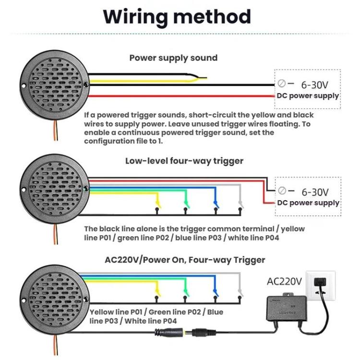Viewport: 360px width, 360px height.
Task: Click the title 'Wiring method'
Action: (177, 16)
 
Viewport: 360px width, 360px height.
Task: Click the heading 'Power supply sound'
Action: (173, 58)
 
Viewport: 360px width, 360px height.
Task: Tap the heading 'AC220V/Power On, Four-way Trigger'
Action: (185, 260)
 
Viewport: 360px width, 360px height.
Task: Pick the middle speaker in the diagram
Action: (54, 188)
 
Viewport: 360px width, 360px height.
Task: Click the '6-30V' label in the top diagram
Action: (314, 85)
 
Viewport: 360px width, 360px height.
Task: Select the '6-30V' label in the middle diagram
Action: (315, 192)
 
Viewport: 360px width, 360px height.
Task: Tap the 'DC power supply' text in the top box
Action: (308, 96)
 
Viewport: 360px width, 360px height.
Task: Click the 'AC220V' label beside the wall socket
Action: (284, 281)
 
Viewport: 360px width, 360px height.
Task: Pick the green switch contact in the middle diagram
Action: (186, 204)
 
